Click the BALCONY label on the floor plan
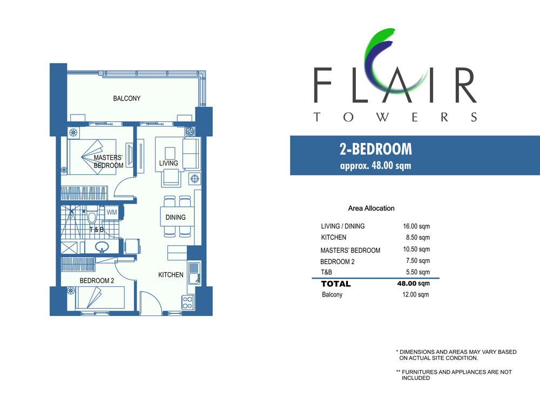127,98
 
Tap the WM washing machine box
112,212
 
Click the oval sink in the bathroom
102,247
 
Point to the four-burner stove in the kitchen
188,302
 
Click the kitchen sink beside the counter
194,273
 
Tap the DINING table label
175,218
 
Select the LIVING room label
168,163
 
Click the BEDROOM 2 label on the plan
97,280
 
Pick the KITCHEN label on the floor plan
171,274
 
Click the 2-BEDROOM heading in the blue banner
376,149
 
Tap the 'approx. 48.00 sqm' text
376,165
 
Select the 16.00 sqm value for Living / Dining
416,226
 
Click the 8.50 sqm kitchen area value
418,238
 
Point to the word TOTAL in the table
336,284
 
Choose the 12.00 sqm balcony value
416,295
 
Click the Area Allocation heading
372,208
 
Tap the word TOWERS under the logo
395,117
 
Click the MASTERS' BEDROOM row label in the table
350,251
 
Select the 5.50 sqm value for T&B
418,272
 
